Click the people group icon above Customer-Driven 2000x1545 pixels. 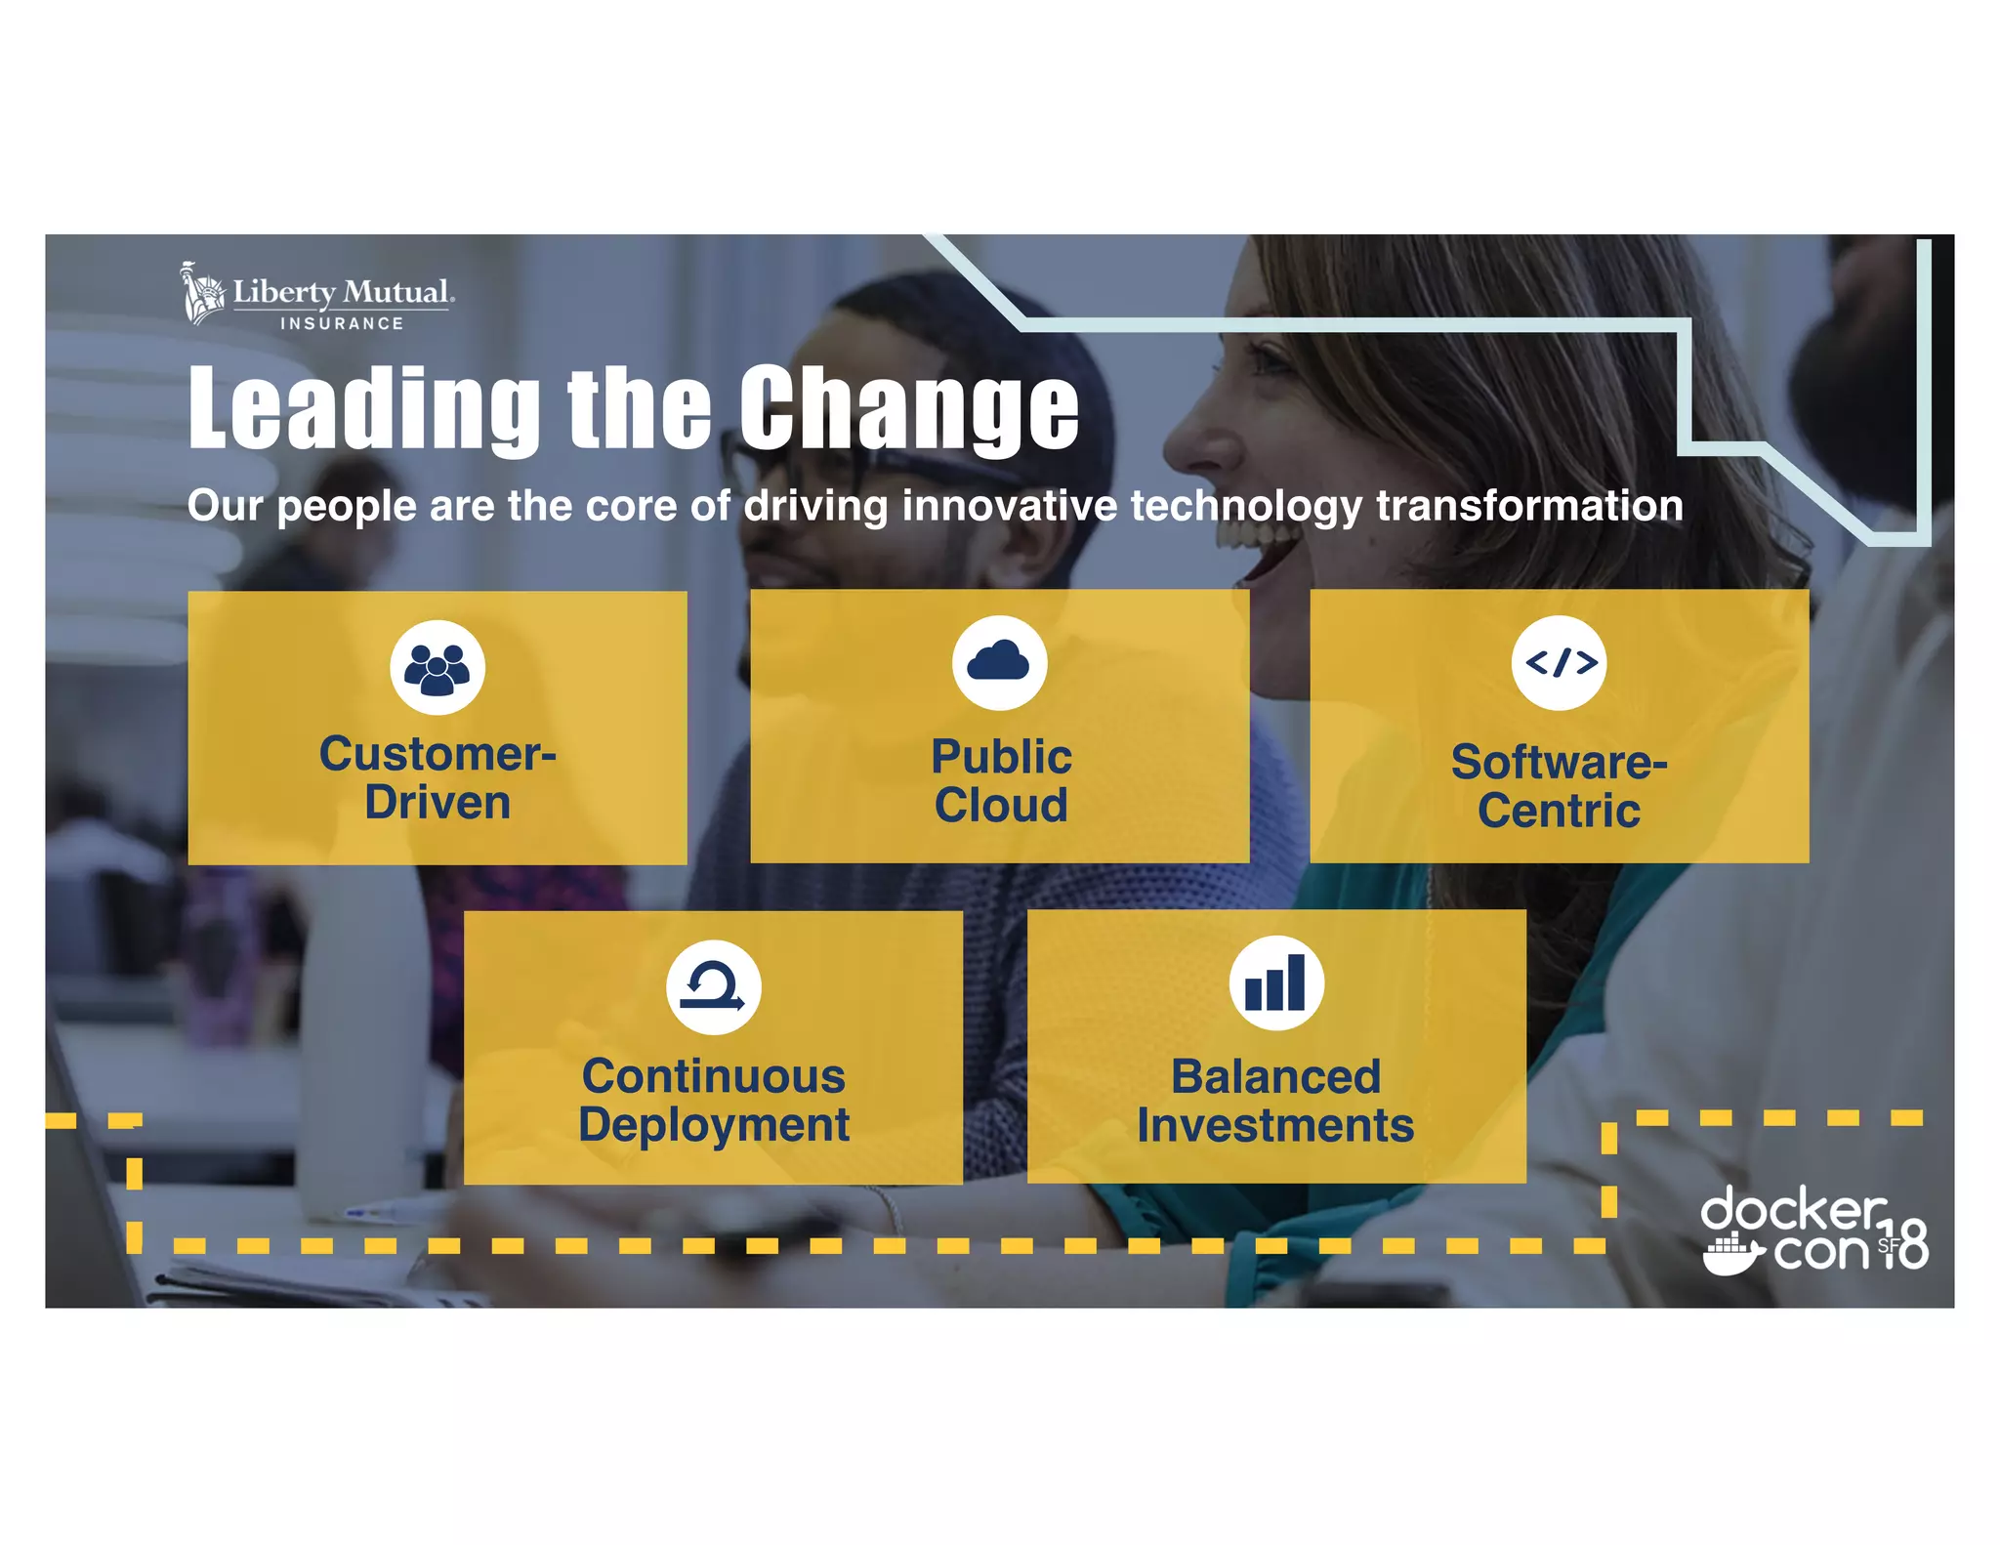point(437,668)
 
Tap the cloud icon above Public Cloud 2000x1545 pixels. point(999,663)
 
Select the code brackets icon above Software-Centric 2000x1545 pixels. point(1560,663)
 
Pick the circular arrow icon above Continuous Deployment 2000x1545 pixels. point(714,986)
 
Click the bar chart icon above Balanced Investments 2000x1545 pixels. point(1275,982)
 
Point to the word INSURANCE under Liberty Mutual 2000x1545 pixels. point(342,323)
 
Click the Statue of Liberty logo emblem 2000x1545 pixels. point(203,292)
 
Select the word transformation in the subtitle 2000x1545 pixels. point(1529,506)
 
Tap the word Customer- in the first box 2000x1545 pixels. point(437,754)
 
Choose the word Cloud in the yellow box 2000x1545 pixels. point(1001,806)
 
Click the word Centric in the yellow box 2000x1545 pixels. point(1559,811)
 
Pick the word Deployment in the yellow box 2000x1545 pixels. point(714,1125)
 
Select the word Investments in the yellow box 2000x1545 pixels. point(1275,1126)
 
